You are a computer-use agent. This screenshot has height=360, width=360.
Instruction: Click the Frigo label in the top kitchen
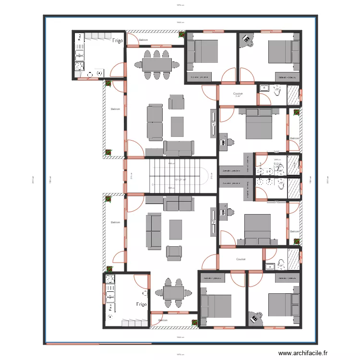point(118,41)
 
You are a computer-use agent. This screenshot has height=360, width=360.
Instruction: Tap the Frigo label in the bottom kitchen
point(141,304)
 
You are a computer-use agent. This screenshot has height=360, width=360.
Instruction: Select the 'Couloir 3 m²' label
point(238,95)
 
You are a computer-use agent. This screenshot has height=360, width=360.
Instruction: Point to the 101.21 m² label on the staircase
point(180,180)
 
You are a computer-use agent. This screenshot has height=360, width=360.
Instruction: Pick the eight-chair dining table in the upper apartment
point(157,64)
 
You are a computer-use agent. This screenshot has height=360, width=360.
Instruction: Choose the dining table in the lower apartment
point(173,292)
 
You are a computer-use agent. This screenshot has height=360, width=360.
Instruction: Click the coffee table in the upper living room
point(178,126)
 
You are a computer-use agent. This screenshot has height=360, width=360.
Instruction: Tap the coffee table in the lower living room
point(176,230)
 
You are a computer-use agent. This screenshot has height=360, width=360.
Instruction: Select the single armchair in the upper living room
point(176,102)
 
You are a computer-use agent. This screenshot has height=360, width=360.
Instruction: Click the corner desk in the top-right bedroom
point(247,40)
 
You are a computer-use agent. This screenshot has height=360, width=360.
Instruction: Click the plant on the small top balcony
point(181,35)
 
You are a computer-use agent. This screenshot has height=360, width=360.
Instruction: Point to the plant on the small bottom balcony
point(194,322)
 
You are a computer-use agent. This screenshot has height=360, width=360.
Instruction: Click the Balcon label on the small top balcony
point(143,40)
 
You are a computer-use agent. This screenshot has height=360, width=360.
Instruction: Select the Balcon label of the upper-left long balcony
point(115,109)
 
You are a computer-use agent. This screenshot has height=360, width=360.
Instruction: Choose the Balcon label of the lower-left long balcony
point(115,222)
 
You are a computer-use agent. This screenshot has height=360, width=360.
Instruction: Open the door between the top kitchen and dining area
point(117,71)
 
